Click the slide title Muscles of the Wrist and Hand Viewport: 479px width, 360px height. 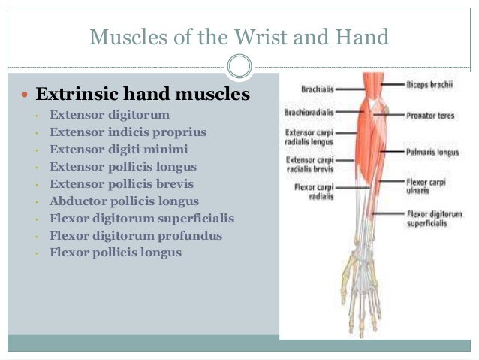click(x=239, y=35)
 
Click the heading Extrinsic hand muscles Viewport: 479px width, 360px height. click(x=143, y=95)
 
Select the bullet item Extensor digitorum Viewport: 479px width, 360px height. click(x=110, y=115)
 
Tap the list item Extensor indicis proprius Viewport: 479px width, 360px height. click(x=128, y=132)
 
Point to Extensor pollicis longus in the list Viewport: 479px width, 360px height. click(x=123, y=167)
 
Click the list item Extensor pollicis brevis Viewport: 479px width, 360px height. click(x=122, y=184)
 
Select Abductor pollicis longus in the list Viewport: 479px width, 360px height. click(x=124, y=201)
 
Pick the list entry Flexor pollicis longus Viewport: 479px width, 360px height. click(x=116, y=253)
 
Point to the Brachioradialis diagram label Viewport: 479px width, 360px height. click(x=309, y=113)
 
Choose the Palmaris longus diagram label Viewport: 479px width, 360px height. click(x=432, y=151)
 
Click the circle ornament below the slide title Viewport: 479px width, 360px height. click(x=239, y=68)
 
